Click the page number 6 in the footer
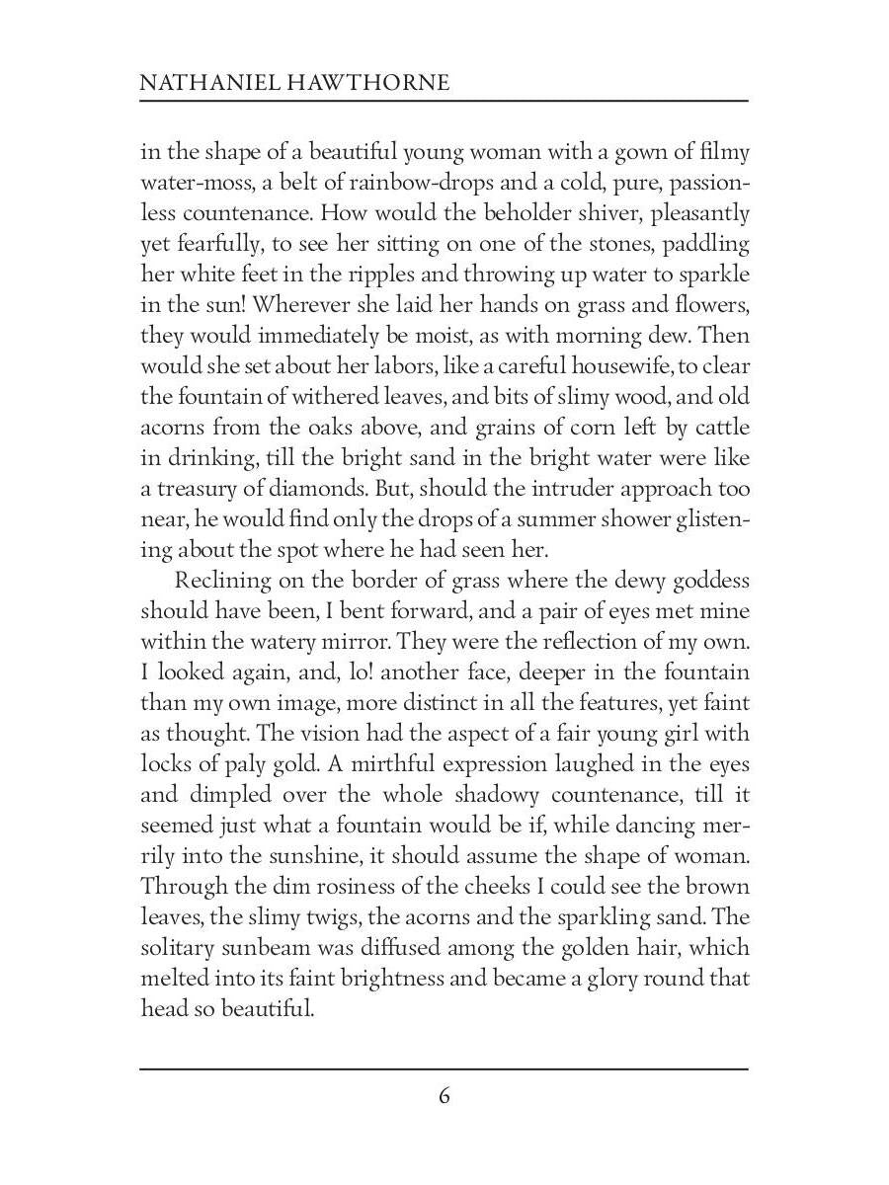tap(444, 1096)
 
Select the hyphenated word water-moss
tap(199, 183)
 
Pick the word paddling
tap(705, 244)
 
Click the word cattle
tap(720, 428)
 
